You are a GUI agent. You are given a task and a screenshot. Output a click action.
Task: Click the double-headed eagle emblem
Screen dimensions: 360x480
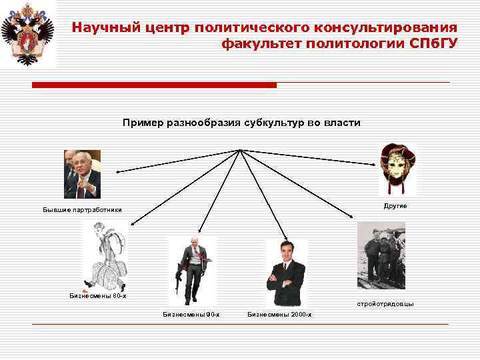click(x=27, y=33)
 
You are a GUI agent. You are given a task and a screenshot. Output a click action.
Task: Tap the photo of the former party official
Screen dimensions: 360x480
click(x=82, y=175)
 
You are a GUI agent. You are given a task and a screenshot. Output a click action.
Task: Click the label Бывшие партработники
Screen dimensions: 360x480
click(x=83, y=211)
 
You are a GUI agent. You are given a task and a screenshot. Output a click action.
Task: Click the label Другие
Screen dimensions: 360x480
click(x=395, y=207)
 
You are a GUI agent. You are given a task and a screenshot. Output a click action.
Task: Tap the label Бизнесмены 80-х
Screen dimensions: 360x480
click(x=97, y=295)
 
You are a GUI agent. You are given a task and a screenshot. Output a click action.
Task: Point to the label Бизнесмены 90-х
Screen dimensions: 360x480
click(x=191, y=314)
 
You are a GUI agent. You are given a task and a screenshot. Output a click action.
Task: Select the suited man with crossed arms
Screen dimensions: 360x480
click(x=286, y=273)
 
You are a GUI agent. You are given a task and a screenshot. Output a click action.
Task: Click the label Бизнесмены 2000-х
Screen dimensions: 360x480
click(x=279, y=314)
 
